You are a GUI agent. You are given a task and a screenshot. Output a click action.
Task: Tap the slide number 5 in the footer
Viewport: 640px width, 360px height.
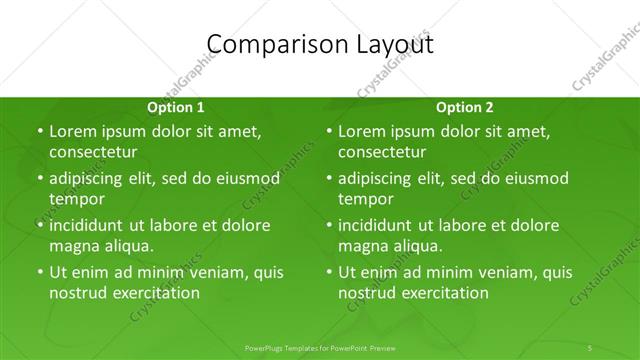pos(590,347)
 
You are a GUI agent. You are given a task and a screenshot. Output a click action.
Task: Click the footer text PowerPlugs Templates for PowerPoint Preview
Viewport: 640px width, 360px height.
pos(320,347)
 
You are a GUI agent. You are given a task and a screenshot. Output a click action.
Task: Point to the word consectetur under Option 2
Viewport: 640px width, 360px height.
pos(381,152)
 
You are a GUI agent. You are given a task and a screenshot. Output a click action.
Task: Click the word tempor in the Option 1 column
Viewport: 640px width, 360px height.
pos(77,198)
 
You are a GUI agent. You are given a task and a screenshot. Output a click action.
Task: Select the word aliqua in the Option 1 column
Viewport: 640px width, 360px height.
pos(126,245)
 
